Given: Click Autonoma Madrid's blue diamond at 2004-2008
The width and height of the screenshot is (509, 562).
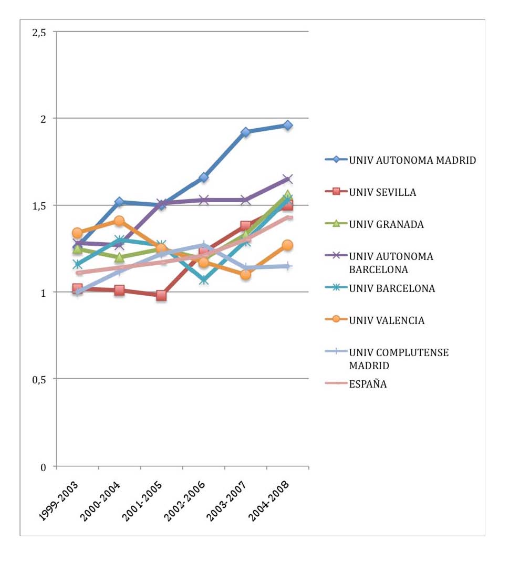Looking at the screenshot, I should [287, 125].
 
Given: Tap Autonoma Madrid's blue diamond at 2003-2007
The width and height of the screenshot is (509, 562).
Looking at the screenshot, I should [245, 132].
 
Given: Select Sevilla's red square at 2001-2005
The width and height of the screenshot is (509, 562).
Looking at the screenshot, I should [161, 295].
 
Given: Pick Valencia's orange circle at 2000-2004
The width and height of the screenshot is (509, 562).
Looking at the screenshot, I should [119, 221].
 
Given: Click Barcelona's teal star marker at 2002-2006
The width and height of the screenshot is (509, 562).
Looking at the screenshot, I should [203, 280].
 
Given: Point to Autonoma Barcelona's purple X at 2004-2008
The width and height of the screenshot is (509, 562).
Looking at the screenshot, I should [287, 179].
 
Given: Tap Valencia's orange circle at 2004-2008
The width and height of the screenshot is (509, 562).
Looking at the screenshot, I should [287, 245].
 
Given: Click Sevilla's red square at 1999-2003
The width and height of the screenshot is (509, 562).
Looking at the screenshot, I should [77, 288].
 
